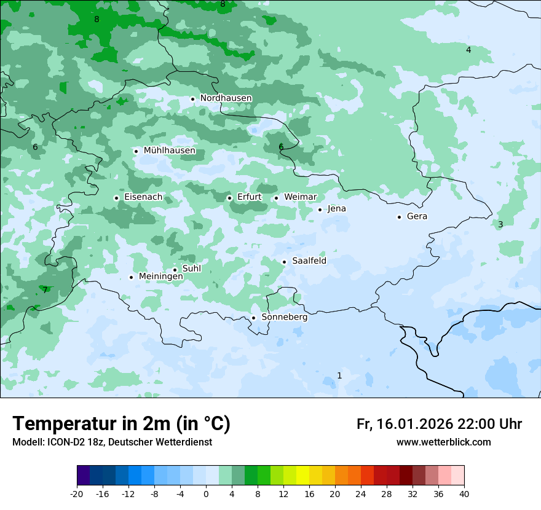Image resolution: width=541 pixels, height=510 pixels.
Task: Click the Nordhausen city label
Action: click(x=226, y=98)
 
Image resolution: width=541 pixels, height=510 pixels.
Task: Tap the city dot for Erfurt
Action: click(x=229, y=198)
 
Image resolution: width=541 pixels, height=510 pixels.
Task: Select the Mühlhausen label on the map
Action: click(x=169, y=151)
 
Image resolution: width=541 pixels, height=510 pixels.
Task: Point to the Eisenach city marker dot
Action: click(x=116, y=198)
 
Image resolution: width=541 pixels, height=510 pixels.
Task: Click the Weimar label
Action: click(x=300, y=197)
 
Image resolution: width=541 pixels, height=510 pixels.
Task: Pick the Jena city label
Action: click(x=336, y=209)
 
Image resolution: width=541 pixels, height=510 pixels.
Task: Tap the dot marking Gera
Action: click(x=399, y=217)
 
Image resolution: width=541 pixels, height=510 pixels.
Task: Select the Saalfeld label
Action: click(x=309, y=261)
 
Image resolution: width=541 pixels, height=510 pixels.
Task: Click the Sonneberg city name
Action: click(x=284, y=318)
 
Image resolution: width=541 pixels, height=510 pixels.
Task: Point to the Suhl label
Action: click(x=192, y=269)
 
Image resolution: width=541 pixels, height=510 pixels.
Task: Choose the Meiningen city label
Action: click(x=160, y=277)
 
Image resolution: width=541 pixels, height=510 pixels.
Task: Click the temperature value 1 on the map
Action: click(x=339, y=376)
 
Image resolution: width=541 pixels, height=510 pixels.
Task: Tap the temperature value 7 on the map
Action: click(x=45, y=290)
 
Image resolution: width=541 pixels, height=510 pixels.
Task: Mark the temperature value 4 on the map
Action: click(x=468, y=50)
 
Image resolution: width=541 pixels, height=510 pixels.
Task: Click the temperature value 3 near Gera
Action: click(x=500, y=225)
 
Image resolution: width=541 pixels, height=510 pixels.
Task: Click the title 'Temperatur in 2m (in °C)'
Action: click(x=121, y=424)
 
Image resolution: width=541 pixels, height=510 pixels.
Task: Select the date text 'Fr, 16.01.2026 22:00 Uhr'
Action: click(x=439, y=425)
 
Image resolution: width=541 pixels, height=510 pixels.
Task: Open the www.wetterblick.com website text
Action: click(x=443, y=442)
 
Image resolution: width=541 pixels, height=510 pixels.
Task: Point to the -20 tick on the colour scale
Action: click(x=77, y=494)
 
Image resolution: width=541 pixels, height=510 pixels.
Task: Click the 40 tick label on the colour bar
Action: click(x=464, y=494)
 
